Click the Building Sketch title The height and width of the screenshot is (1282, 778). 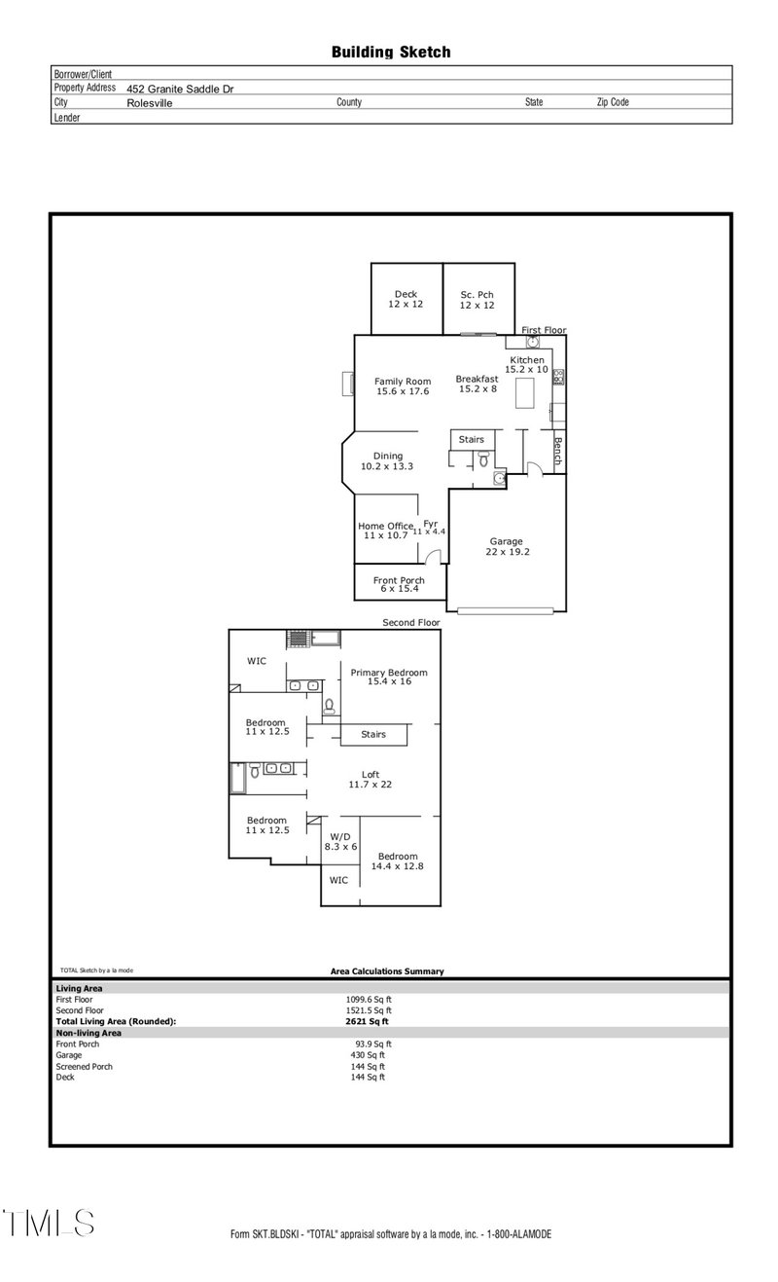pyautogui.click(x=391, y=53)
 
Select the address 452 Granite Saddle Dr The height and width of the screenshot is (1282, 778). pyautogui.click(x=180, y=89)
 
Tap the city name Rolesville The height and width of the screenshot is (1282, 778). pyautogui.click(x=150, y=102)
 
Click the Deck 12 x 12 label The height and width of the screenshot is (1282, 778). pyautogui.click(x=406, y=300)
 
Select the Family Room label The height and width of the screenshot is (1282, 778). pyautogui.click(x=403, y=386)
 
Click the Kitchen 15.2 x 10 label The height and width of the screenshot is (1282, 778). pyautogui.click(x=526, y=365)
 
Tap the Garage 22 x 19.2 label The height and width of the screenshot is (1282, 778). pyautogui.click(x=506, y=546)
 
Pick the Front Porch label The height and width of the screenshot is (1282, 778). pyautogui.click(x=399, y=584)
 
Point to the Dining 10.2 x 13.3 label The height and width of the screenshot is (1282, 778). pyautogui.click(x=387, y=460)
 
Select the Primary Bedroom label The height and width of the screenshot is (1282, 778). pyautogui.click(x=389, y=677)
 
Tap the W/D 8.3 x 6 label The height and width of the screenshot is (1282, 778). pyautogui.click(x=340, y=841)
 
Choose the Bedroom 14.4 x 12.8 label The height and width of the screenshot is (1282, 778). pyautogui.click(x=398, y=861)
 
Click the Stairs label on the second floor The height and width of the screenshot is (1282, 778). pyautogui.click(x=373, y=734)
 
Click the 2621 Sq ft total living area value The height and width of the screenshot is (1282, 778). pyautogui.click(x=367, y=1021)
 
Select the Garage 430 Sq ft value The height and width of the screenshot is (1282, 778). pyautogui.click(x=368, y=1055)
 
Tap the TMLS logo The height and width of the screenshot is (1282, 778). pyautogui.click(x=49, y=1224)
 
